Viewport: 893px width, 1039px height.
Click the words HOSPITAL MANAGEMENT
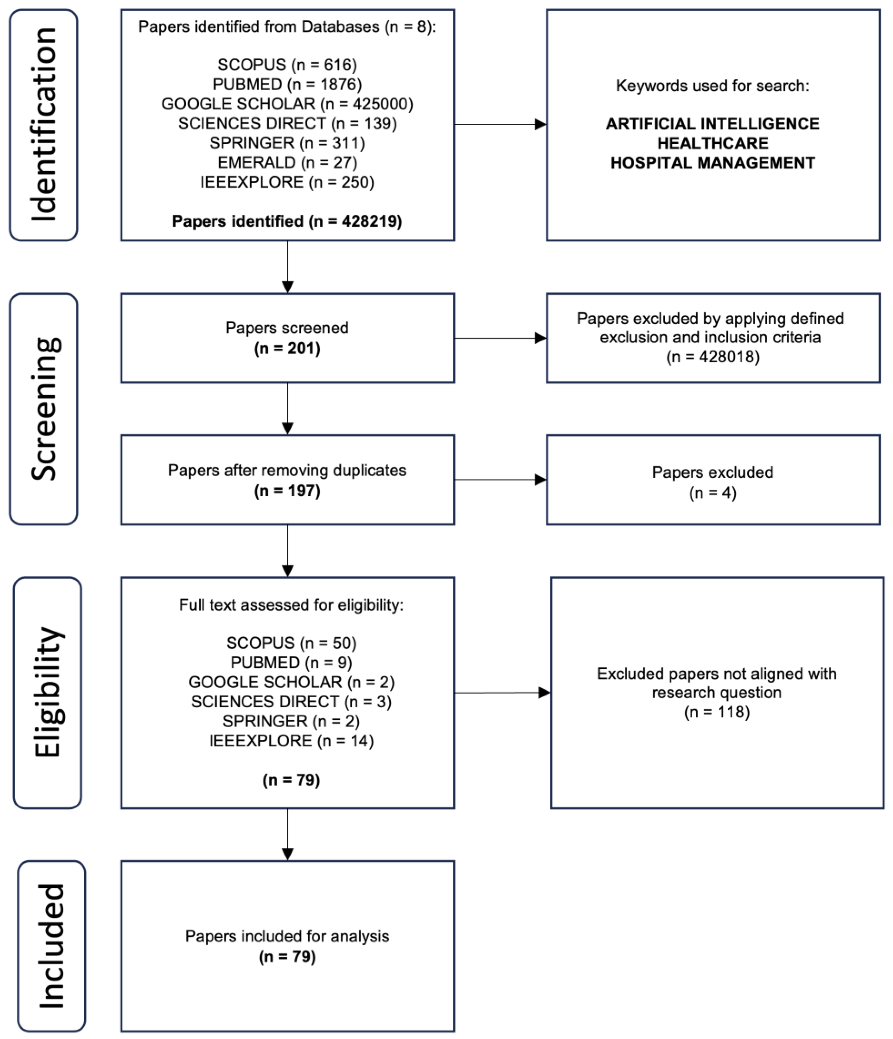[x=713, y=163]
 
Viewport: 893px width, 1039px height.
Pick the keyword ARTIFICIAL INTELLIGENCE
[x=713, y=124]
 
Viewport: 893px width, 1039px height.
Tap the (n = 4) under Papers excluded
[x=713, y=493]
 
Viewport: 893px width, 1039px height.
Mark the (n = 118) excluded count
[x=717, y=712]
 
